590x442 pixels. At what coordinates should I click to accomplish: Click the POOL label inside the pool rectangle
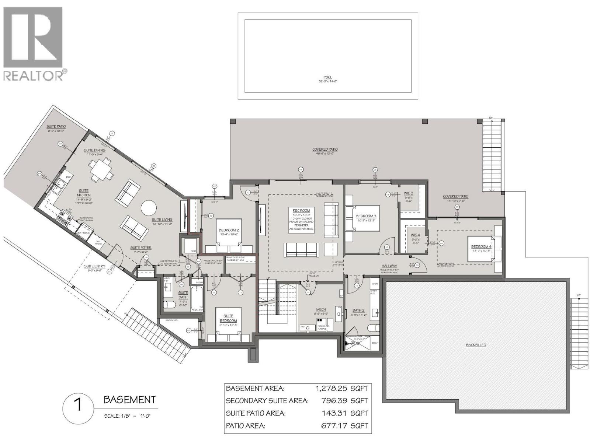point(327,77)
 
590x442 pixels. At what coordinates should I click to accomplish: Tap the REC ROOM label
point(302,211)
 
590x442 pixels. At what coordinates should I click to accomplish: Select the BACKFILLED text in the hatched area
point(476,345)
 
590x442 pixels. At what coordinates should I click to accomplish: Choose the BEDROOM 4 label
point(481,247)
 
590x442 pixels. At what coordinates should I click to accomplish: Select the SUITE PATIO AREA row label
point(256,413)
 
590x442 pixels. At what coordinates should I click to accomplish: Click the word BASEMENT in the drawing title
point(129,400)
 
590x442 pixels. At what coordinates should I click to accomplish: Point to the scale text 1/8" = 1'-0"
point(128,416)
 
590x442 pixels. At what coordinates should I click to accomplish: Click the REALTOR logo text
point(33,76)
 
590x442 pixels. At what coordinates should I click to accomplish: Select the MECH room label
point(321,310)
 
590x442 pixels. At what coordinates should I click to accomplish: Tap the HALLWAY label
point(389,266)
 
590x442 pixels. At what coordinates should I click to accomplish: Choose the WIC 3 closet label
point(408,193)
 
